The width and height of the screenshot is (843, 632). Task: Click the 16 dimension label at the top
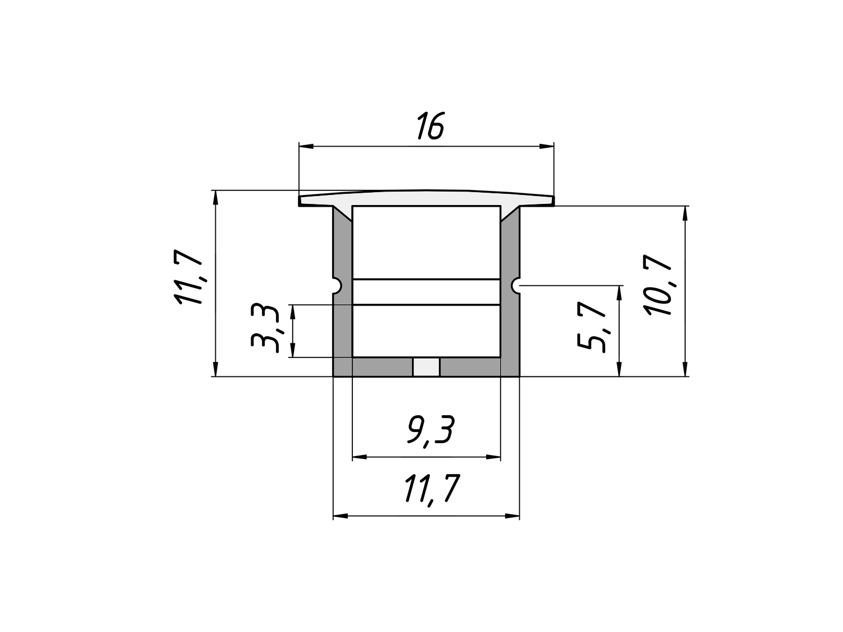[x=430, y=125]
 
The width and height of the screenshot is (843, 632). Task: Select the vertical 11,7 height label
[x=188, y=277]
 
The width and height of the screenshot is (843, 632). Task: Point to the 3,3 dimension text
[x=265, y=329]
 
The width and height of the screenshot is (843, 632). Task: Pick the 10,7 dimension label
[x=659, y=284]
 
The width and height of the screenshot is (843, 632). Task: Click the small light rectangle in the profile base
[x=426, y=367]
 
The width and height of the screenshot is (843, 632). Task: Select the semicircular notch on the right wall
[x=515, y=286]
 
